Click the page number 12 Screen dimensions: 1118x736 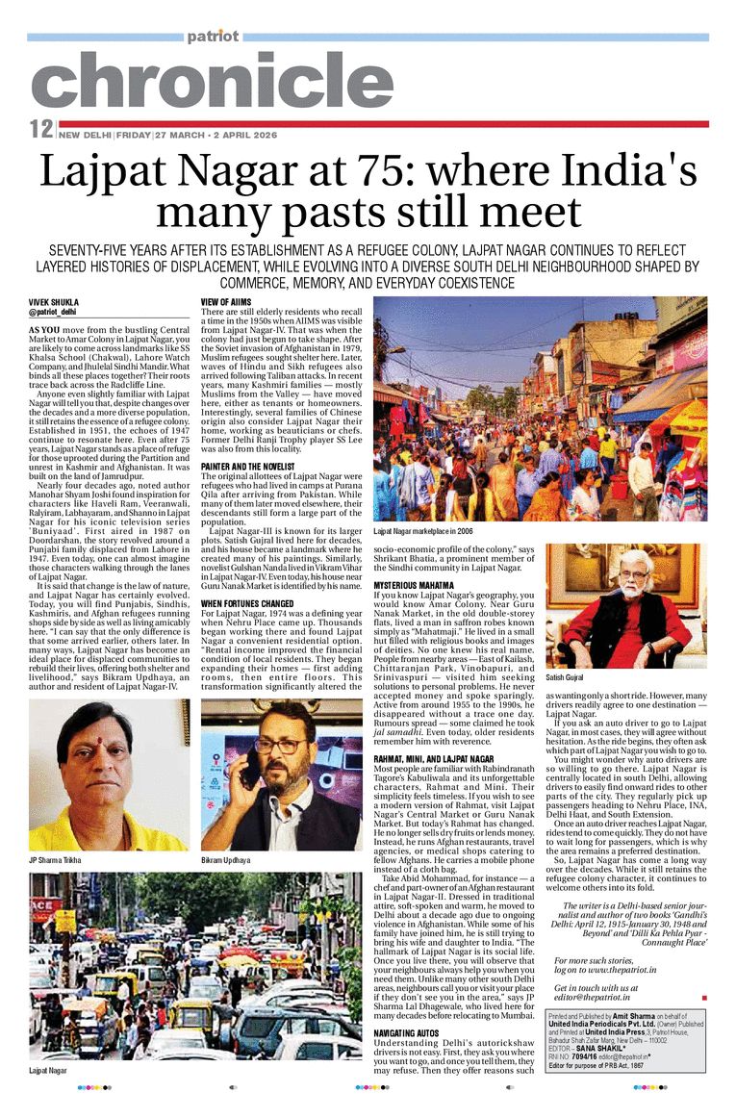pos(40,129)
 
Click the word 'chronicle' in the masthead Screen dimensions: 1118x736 pos(212,82)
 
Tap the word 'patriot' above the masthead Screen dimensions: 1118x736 pos(213,37)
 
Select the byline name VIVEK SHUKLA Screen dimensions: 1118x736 pos(52,302)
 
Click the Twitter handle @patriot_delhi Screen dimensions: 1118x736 pos(53,313)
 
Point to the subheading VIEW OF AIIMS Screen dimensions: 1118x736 pos(226,302)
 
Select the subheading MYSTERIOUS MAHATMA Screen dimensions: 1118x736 pos(416,584)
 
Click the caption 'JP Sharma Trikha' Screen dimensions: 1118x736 pos(55,858)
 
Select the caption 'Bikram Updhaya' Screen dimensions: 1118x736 pos(225,858)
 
